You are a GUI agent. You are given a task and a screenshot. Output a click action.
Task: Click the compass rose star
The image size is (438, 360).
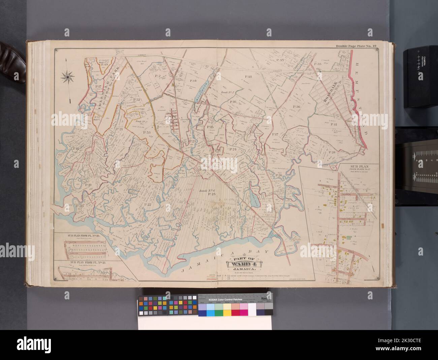coord(68,77)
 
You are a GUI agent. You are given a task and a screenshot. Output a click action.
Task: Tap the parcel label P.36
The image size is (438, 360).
coord(296,107)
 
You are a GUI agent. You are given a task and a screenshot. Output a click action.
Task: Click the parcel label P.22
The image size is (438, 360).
coord(147,205)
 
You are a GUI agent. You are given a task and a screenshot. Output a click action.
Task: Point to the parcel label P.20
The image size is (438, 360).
coord(80,206)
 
